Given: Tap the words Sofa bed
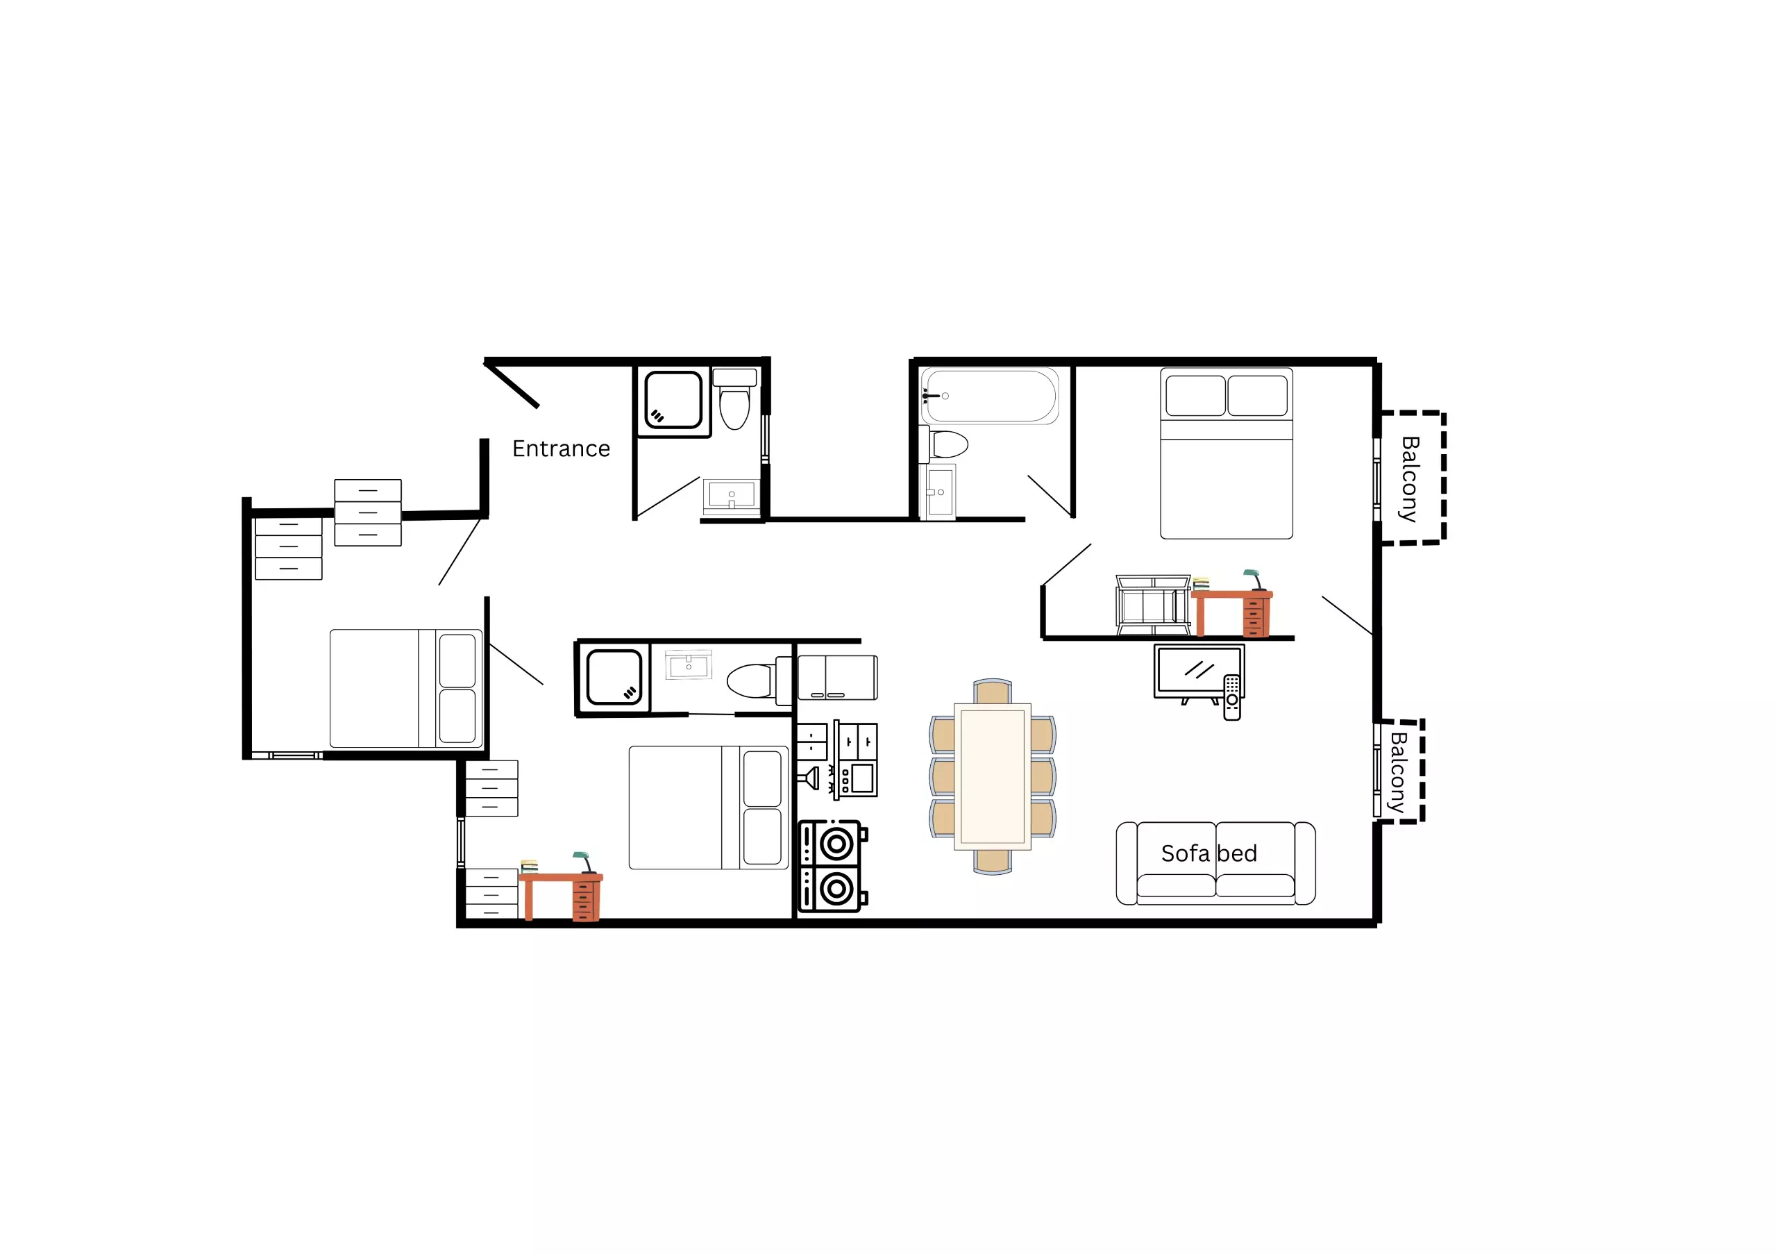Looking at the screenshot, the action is (1209, 853).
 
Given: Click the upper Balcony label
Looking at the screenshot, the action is (1410, 479).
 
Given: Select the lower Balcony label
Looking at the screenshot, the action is (1398, 771).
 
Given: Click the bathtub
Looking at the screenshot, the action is (989, 396).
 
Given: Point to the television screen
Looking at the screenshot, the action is (1199, 670).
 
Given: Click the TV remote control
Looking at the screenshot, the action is (1232, 697).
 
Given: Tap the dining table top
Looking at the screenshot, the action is (992, 776).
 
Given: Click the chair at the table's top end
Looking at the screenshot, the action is (992, 692).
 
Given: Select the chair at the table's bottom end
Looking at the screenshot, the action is (992, 862).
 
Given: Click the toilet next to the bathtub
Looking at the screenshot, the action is (944, 444).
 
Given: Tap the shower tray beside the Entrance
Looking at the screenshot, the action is (673, 399).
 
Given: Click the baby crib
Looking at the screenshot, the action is (1152, 605).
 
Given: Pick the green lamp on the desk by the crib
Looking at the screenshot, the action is (1254, 580).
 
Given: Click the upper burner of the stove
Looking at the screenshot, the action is (836, 843).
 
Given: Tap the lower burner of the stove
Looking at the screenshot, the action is (836, 889).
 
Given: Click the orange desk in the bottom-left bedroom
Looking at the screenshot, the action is (561, 896).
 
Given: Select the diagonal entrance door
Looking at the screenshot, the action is (512, 385).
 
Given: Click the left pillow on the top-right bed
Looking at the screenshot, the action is (1195, 396).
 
